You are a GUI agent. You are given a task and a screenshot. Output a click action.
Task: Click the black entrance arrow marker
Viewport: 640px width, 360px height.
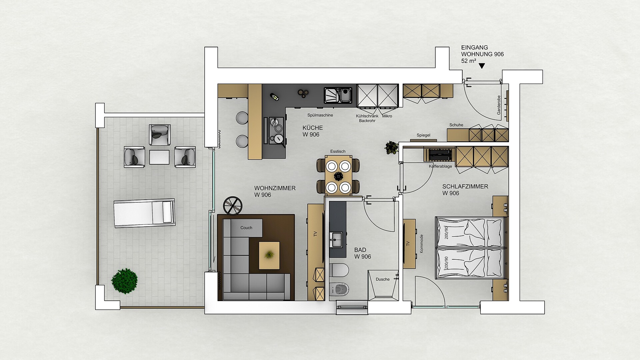(482, 66)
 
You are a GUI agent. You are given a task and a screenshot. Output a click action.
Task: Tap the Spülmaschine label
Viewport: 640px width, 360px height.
(320, 115)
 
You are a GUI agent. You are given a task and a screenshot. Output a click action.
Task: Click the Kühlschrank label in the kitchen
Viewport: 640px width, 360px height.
(367, 116)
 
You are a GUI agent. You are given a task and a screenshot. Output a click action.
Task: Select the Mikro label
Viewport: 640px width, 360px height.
(387, 116)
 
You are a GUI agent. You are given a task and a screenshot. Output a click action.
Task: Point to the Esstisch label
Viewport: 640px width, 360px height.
(338, 151)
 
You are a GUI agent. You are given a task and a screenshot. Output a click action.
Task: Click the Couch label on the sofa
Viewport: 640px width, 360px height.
(246, 228)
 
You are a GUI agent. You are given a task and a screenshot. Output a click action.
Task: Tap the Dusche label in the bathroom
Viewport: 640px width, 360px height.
(382, 279)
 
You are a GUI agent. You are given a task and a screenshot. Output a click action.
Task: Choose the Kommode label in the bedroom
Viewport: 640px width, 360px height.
(421, 243)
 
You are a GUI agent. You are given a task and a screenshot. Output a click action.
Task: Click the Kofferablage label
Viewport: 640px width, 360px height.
(440, 166)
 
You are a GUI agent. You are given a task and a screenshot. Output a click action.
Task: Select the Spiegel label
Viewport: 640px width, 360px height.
(423, 135)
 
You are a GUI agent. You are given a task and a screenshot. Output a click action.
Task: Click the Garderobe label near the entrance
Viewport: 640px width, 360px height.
(499, 105)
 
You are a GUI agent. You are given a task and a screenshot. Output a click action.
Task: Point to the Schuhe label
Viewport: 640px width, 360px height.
(456, 125)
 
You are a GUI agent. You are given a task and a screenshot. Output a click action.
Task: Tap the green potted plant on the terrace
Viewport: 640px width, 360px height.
(124, 281)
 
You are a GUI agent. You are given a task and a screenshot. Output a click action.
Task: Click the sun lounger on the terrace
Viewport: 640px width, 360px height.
(144, 213)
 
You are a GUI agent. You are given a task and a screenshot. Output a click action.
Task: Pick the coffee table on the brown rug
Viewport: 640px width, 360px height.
(269, 255)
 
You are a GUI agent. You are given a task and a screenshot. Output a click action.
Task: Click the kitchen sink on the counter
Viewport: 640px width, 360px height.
(338, 95)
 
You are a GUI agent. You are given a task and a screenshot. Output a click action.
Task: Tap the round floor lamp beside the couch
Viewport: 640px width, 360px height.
(232, 205)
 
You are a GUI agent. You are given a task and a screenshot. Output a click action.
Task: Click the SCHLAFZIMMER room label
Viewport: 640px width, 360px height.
(465, 187)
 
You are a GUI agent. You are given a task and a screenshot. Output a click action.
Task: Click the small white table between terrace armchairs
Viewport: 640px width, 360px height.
(159, 157)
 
